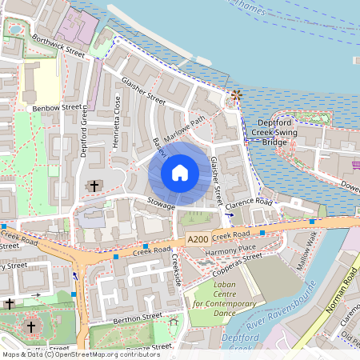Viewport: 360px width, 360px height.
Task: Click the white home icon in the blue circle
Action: pos(180,173)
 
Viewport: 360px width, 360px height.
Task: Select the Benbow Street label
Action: pos(58,108)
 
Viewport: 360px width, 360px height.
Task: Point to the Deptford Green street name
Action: pos(82,131)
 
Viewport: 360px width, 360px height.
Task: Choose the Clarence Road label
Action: pos(249,206)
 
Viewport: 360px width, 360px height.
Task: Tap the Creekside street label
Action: pos(177,272)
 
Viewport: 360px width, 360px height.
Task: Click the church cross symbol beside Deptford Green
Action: pos(94,186)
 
